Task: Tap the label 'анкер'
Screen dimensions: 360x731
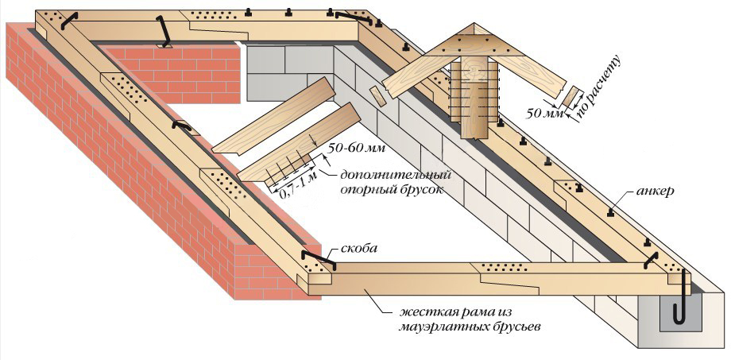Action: point(656,193)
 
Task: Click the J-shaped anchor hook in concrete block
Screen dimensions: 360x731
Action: point(679,306)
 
